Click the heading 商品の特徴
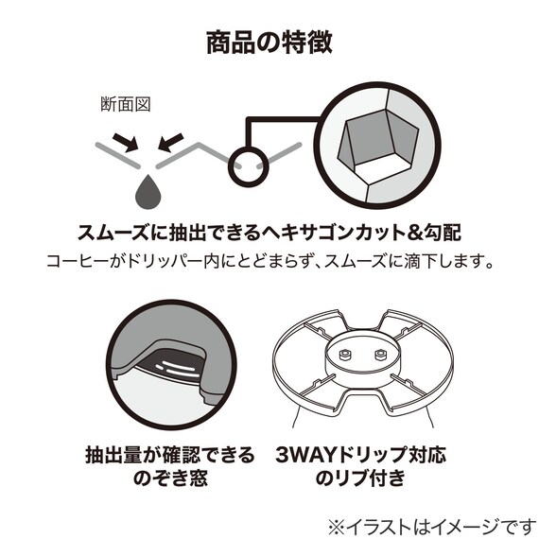[269, 43]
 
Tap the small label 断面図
[126, 104]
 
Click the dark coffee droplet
[148, 192]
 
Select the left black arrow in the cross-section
[126, 142]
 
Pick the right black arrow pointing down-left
[170, 142]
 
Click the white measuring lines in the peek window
[178, 368]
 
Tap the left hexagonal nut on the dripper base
[344, 355]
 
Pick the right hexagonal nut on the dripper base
[380, 355]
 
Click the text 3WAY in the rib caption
[305, 455]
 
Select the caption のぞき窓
[170, 478]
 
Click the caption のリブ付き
[360, 478]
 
